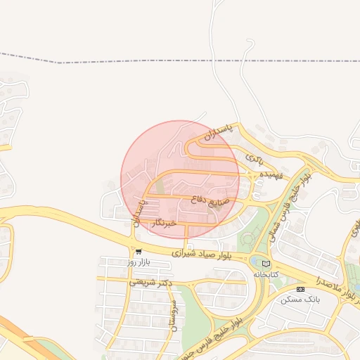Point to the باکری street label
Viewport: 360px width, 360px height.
click(x=252, y=160)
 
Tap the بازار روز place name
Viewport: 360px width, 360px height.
click(x=139, y=262)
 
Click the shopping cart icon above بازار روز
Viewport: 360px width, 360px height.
click(x=139, y=252)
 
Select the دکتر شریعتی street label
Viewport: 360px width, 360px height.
click(x=151, y=283)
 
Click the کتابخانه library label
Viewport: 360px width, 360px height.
click(x=266, y=274)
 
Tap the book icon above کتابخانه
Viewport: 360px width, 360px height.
click(x=265, y=263)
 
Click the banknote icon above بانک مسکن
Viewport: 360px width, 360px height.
click(x=301, y=289)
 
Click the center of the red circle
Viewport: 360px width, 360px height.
click(x=180, y=180)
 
